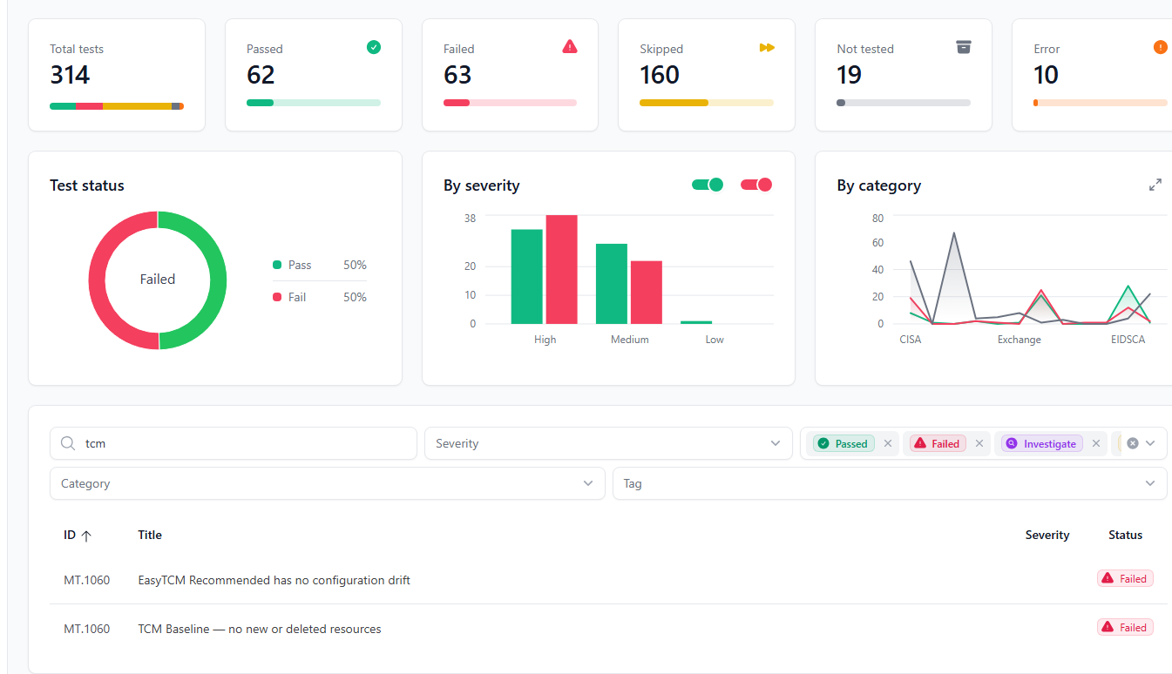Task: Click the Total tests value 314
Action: pos(70,76)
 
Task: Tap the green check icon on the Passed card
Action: pos(374,47)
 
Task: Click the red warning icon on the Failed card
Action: pos(570,47)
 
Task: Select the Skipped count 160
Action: pos(660,76)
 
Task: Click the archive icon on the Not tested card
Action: pos(963,47)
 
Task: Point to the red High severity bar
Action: pos(562,269)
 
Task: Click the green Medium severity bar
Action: pos(612,284)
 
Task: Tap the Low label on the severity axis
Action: pos(715,340)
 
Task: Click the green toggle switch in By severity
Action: pos(708,185)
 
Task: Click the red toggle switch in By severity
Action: pos(756,185)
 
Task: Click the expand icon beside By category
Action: pos(1155,185)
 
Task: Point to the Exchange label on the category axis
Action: pos(1020,340)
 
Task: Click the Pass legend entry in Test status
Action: pos(299,265)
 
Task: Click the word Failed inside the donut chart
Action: pos(158,280)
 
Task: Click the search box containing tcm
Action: pos(234,443)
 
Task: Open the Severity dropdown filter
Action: pos(607,443)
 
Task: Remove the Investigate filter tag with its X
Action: pos(1096,443)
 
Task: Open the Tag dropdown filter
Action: pos(889,483)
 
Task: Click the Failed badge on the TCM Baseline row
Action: pos(1125,627)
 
